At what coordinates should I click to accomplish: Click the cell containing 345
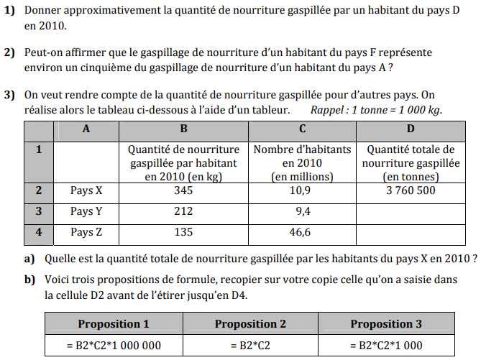pyautogui.click(x=183, y=191)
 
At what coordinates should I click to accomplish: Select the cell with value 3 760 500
pyautogui.click(x=410, y=191)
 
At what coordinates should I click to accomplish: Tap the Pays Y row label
pyautogui.click(x=86, y=212)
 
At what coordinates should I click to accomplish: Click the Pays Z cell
pyautogui.click(x=86, y=233)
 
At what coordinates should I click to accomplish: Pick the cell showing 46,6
pyautogui.click(x=302, y=233)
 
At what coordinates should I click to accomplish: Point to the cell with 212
pyautogui.click(x=183, y=212)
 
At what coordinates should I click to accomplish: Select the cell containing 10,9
pyautogui.click(x=302, y=191)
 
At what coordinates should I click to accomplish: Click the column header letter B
pyautogui.click(x=183, y=129)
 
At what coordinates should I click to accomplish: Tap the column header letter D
pyautogui.click(x=410, y=129)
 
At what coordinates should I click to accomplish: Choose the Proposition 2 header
pyautogui.click(x=250, y=324)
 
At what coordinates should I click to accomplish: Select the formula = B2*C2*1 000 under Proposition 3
pyautogui.click(x=386, y=345)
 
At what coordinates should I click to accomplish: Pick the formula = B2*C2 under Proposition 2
pyautogui.click(x=250, y=345)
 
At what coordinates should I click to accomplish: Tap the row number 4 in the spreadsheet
pyautogui.click(x=39, y=233)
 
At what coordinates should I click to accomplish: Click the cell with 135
pyautogui.click(x=183, y=233)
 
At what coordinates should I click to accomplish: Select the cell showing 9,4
pyautogui.click(x=302, y=212)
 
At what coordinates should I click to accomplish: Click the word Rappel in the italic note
pyautogui.click(x=329, y=110)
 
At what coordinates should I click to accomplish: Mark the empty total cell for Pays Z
pyautogui.click(x=410, y=233)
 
